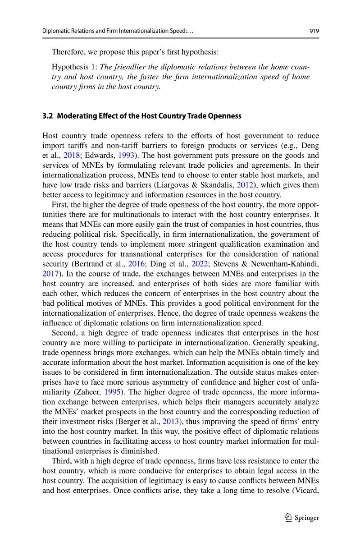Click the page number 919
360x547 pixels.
click(x=314, y=31)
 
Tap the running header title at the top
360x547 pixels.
click(x=120, y=31)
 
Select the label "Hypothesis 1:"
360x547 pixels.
click(x=75, y=67)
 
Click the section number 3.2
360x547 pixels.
click(x=47, y=116)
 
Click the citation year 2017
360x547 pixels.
click(x=50, y=274)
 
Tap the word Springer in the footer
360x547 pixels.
click(x=307, y=518)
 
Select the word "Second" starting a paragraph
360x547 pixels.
click(x=64, y=333)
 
